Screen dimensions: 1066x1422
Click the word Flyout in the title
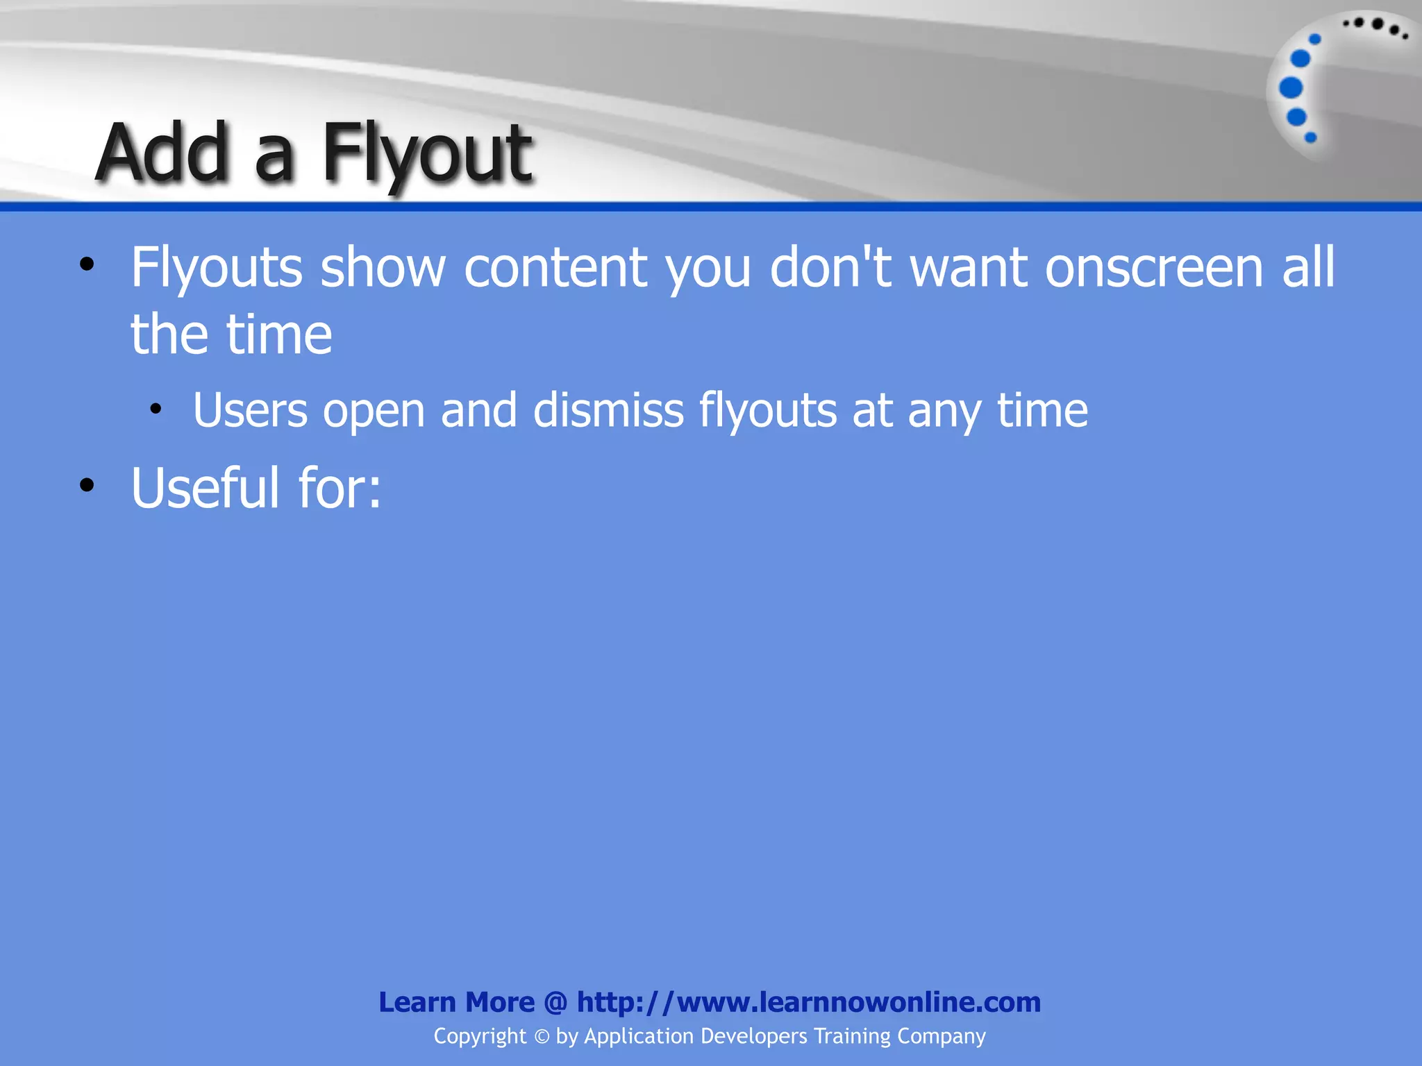427,154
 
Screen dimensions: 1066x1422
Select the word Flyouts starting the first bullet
217,268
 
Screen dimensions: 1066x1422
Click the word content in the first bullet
555,268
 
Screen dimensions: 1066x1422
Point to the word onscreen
1154,268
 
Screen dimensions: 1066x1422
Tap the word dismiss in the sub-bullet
609,410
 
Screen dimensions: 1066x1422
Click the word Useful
206,488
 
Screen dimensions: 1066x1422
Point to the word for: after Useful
340,488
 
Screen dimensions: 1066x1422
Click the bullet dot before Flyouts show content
87,264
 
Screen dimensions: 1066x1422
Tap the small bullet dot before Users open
156,409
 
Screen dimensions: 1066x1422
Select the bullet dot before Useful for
87,485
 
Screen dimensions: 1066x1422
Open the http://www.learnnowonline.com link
809,1002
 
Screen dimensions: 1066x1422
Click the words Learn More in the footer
456,1002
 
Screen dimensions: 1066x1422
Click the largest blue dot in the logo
1291,88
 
